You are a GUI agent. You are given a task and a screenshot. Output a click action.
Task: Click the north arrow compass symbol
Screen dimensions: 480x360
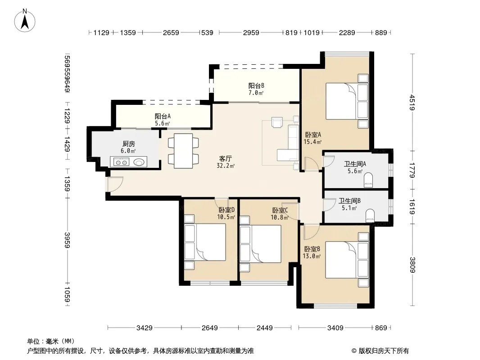(x=25, y=20)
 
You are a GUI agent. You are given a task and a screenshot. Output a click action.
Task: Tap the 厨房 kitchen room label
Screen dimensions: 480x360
(x=129, y=144)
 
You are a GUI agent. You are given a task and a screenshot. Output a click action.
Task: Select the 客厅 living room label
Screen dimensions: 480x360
(x=225, y=158)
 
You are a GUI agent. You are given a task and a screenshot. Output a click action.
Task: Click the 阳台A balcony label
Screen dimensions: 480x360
(x=163, y=116)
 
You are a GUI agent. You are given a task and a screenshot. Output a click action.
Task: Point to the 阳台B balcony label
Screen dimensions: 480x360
(x=256, y=85)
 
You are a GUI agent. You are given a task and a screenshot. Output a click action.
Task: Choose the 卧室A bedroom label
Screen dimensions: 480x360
(x=313, y=135)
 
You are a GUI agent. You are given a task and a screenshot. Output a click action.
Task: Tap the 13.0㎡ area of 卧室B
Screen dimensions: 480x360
(x=312, y=256)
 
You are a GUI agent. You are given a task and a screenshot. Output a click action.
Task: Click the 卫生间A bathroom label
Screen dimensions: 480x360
(x=355, y=164)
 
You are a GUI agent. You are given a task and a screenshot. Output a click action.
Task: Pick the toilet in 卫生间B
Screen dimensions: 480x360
(x=370, y=216)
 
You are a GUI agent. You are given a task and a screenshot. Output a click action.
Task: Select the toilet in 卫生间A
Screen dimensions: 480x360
(x=368, y=180)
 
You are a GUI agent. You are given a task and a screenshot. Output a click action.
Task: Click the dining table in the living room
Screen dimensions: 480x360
(x=183, y=151)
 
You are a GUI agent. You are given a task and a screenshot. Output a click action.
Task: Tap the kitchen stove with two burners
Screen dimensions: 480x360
(x=121, y=162)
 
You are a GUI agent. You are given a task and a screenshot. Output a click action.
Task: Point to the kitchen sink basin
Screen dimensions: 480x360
(x=139, y=162)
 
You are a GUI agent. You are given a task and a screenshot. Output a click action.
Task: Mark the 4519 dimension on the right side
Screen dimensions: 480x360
(x=412, y=103)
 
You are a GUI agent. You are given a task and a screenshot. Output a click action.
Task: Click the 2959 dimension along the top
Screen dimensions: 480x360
(x=251, y=32)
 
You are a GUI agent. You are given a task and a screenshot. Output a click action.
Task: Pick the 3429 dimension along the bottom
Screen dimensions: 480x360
(x=145, y=328)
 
